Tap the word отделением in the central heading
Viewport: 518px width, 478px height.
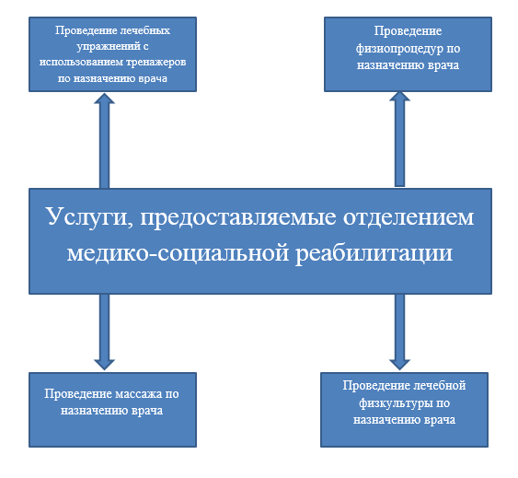coord(409,217)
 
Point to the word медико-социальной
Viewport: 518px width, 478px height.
coord(178,253)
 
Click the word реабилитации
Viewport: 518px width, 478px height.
coord(374,253)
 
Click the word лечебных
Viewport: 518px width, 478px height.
coord(144,30)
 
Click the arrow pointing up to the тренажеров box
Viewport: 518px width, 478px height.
coord(104,141)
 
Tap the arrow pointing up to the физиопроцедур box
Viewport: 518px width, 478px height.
coord(399,139)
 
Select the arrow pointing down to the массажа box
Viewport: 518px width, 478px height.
coord(104,332)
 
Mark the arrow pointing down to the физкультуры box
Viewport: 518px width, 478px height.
coord(399,332)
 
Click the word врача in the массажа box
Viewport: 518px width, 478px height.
coord(147,411)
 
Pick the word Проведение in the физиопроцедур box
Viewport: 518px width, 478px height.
coord(408,31)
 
